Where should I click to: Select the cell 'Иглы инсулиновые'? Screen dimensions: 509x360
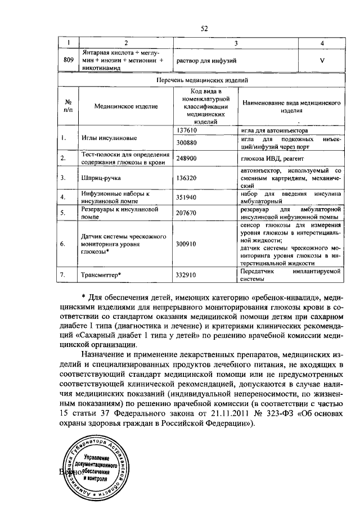107,137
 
